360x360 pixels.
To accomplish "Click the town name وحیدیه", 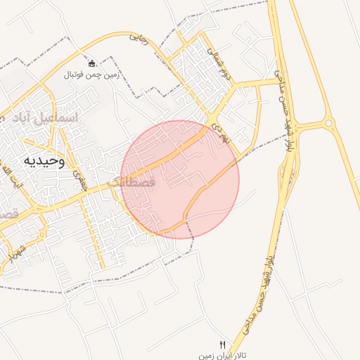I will pyautogui.click(x=44, y=161).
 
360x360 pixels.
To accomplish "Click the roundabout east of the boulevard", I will pyautogui.click(x=328, y=124).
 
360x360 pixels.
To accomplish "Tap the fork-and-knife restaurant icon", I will pyautogui.click(x=223, y=344).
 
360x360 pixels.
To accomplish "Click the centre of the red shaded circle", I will pyautogui.click(x=180, y=179).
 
